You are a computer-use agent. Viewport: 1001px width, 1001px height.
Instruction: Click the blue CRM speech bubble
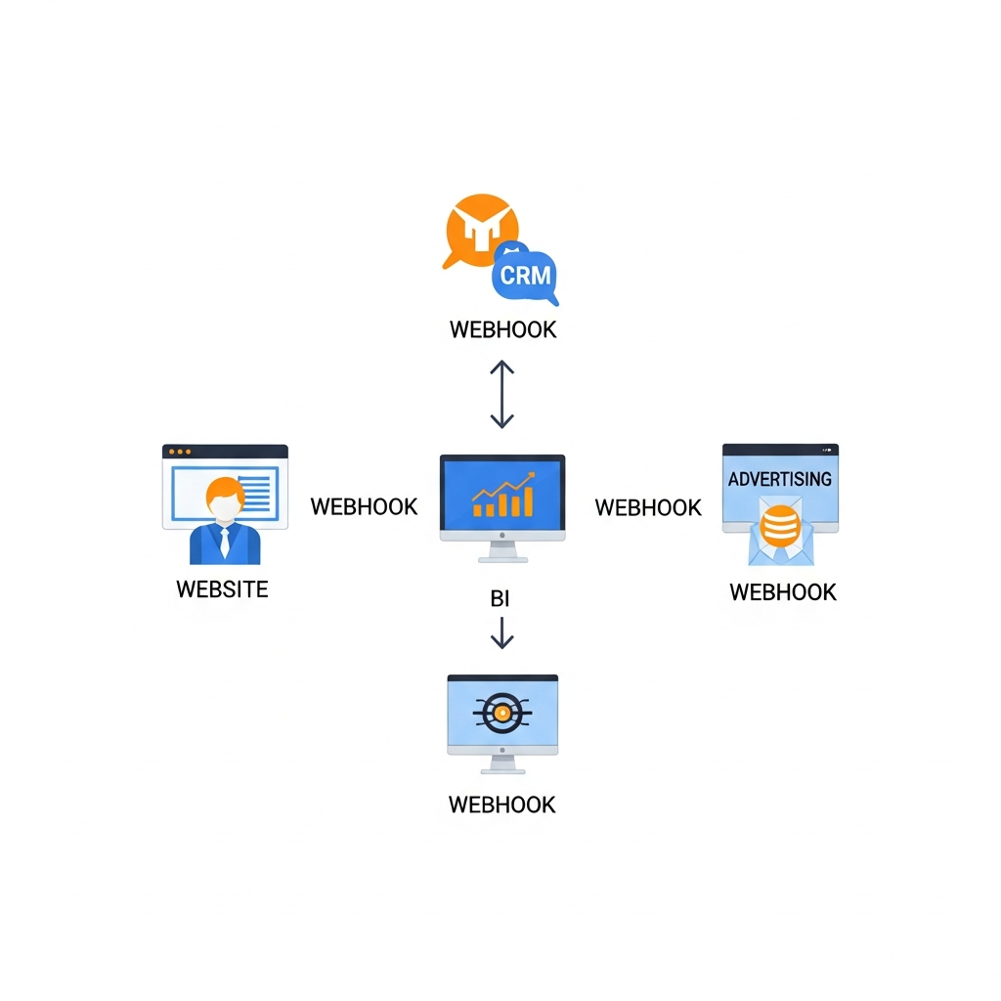tap(525, 274)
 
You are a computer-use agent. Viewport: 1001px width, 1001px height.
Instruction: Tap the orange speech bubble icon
tap(479, 231)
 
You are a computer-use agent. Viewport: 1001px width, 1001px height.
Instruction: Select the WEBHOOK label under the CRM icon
tap(502, 329)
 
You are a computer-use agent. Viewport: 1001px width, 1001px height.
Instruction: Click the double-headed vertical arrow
tap(501, 394)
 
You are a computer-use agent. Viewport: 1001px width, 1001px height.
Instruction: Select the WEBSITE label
tap(222, 589)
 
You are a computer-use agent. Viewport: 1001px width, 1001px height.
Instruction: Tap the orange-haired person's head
tap(225, 500)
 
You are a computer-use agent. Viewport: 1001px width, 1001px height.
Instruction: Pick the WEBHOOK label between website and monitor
tap(364, 506)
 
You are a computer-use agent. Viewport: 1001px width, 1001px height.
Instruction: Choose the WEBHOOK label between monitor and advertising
tap(648, 507)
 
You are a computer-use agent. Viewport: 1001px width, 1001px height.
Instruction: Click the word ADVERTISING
tap(780, 479)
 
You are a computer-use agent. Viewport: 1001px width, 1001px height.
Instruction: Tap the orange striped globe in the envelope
tap(779, 526)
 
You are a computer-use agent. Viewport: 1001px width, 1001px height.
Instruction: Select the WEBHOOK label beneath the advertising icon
tap(783, 592)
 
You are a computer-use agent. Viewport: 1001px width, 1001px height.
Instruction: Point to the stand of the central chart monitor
tap(502, 551)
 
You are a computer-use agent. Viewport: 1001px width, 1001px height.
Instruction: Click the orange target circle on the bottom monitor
tap(501, 715)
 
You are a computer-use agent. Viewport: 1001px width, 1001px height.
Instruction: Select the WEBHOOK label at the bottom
tap(501, 805)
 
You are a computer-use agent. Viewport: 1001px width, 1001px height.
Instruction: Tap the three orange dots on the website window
tap(179, 452)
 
